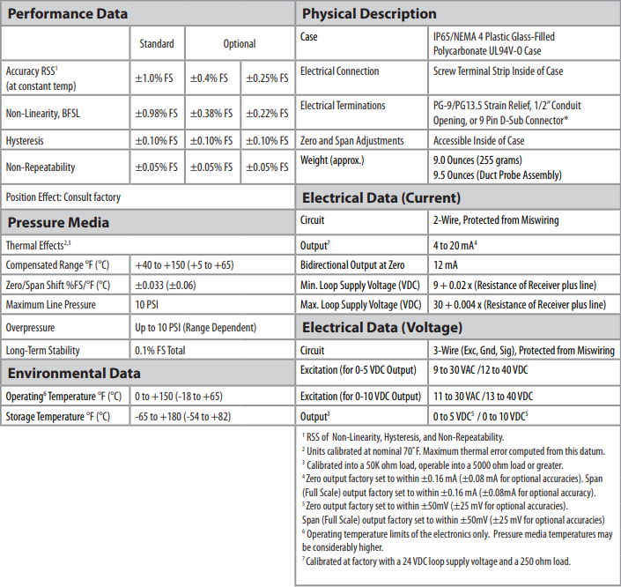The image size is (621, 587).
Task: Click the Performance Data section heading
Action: pos(68,13)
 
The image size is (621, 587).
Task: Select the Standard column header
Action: pos(157,44)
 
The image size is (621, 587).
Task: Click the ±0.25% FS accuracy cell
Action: pos(266,78)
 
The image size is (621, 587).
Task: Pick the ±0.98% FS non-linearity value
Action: pos(156,113)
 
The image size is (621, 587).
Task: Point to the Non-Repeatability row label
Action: pos(41,167)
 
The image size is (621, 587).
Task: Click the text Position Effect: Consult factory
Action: pos(63,197)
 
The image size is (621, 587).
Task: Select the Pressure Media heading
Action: pos(59,222)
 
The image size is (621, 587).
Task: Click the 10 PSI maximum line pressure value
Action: pos(147,305)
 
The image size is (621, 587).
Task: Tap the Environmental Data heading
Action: pos(74,373)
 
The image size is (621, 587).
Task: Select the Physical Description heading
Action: pos(369,13)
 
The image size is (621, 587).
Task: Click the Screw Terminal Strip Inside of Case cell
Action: pos(498,71)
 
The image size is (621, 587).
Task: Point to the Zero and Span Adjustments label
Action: pos(351,140)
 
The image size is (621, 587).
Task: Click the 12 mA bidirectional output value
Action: pos(444,264)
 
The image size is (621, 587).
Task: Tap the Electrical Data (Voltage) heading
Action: pos(381,328)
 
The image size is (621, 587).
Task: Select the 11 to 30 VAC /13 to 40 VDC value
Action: pos(494,396)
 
